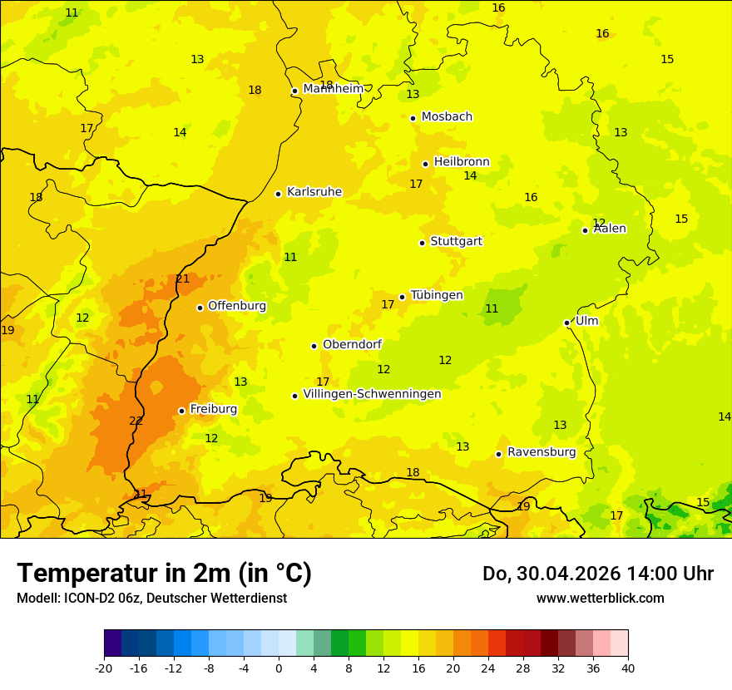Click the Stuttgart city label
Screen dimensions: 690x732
pos(456,241)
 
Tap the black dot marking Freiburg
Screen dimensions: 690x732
pos(181,411)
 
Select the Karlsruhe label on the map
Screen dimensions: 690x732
pos(314,192)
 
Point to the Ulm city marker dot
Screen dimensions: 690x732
pos(566,323)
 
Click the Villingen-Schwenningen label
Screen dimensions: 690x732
pos(372,394)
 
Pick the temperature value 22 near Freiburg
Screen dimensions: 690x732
pos(136,421)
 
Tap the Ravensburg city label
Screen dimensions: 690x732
pos(542,452)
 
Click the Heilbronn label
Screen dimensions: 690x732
pos(462,162)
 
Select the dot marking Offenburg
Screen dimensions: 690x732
pos(200,308)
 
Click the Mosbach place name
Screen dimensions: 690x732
pos(447,116)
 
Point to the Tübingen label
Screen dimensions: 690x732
pos(437,295)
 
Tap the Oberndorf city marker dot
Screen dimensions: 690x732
pos(314,346)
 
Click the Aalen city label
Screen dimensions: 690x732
pos(610,229)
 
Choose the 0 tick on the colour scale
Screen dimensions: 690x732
pos(279,668)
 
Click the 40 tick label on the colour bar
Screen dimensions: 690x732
pos(628,668)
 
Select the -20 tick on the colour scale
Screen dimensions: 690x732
pos(104,668)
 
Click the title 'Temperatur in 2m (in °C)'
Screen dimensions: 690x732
pos(164,573)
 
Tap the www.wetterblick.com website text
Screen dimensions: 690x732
pos(600,599)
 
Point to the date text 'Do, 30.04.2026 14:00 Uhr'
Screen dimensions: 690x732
pos(597,574)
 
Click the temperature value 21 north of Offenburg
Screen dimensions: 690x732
pos(183,279)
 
